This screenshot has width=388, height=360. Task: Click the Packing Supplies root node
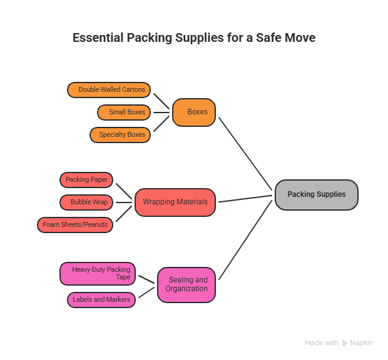point(316,194)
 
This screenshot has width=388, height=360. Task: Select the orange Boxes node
point(194,112)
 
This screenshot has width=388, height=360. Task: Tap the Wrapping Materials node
point(175,202)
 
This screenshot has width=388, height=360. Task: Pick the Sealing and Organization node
point(186,284)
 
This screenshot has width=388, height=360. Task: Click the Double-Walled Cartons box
point(109,90)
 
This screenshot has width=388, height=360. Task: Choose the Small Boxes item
point(124,112)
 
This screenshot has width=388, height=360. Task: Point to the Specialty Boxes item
point(120,135)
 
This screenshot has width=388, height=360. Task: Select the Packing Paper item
point(86,180)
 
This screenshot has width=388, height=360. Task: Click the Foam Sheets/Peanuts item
point(75,224)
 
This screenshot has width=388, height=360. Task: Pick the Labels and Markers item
point(101,300)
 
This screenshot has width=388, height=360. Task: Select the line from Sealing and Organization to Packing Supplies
point(246,238)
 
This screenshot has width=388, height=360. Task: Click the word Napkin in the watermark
point(362,343)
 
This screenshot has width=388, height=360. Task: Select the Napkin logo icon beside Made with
point(345,343)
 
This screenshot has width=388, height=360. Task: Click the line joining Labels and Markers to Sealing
point(146,294)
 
